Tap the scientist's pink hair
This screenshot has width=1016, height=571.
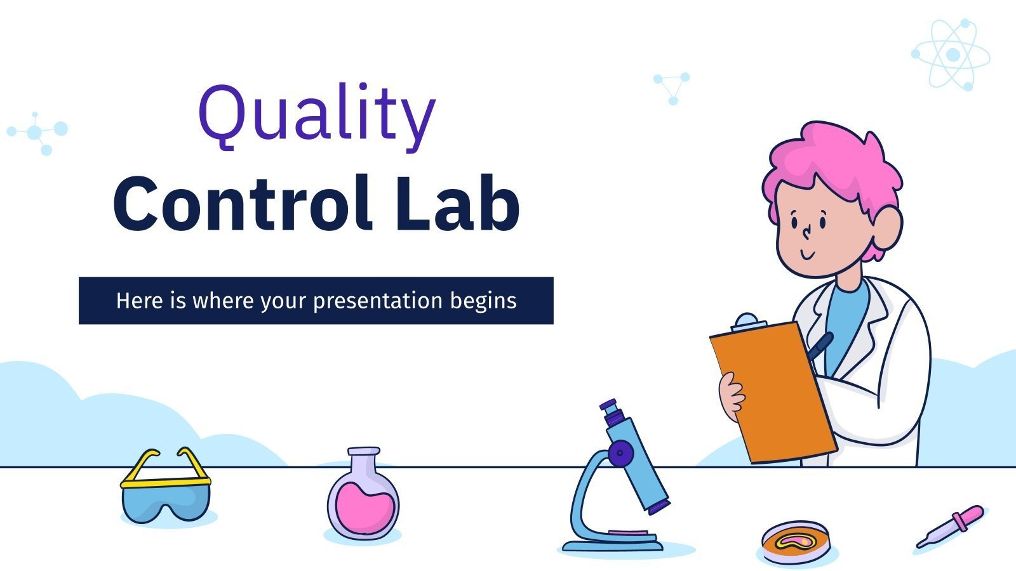pyautogui.click(x=832, y=165)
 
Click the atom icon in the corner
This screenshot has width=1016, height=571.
pyautogui.click(x=951, y=55)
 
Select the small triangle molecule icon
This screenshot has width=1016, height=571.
pyautogui.click(x=672, y=86)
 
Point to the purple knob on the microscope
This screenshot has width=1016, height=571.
pyautogui.click(x=618, y=453)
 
